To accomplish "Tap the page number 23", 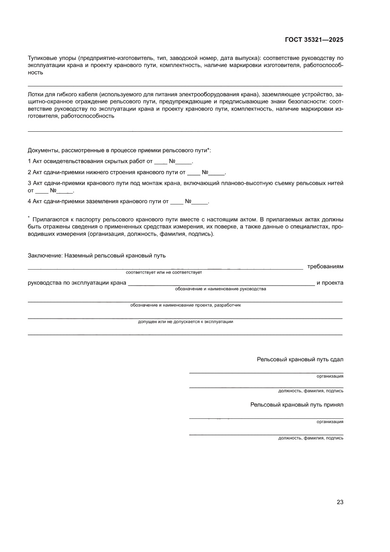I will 340,502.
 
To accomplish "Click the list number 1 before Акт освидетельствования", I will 29,161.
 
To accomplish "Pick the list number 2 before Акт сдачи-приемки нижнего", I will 29,172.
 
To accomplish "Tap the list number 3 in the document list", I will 29,183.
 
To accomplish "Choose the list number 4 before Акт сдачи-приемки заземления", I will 29,202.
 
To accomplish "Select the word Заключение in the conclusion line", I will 44,256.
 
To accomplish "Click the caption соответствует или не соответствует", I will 164,273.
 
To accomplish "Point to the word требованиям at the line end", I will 325,266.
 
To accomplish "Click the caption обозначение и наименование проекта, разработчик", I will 185,306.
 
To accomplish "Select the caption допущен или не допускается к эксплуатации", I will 185,322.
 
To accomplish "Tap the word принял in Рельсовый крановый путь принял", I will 333,405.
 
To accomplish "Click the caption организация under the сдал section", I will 330,376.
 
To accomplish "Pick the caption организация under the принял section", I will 330,422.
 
